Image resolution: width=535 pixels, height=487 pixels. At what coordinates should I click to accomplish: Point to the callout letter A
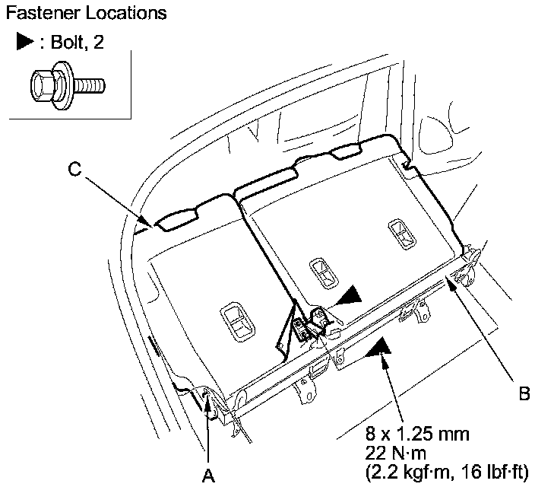[x=207, y=476]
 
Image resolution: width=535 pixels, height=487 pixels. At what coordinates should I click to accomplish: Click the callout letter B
[x=524, y=393]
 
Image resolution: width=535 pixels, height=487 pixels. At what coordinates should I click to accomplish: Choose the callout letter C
[x=74, y=170]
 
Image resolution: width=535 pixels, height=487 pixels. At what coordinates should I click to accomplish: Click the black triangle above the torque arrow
[x=378, y=349]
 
